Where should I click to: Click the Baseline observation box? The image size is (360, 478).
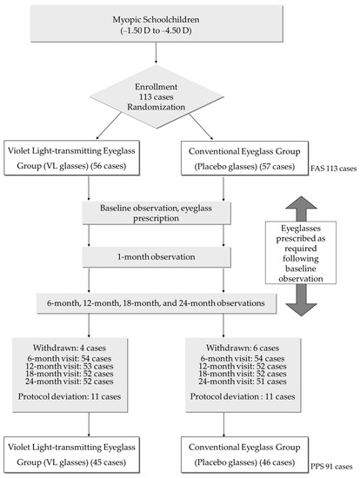(x=155, y=215)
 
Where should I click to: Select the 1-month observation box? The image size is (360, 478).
(x=155, y=257)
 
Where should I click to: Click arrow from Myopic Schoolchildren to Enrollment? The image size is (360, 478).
(x=155, y=63)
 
